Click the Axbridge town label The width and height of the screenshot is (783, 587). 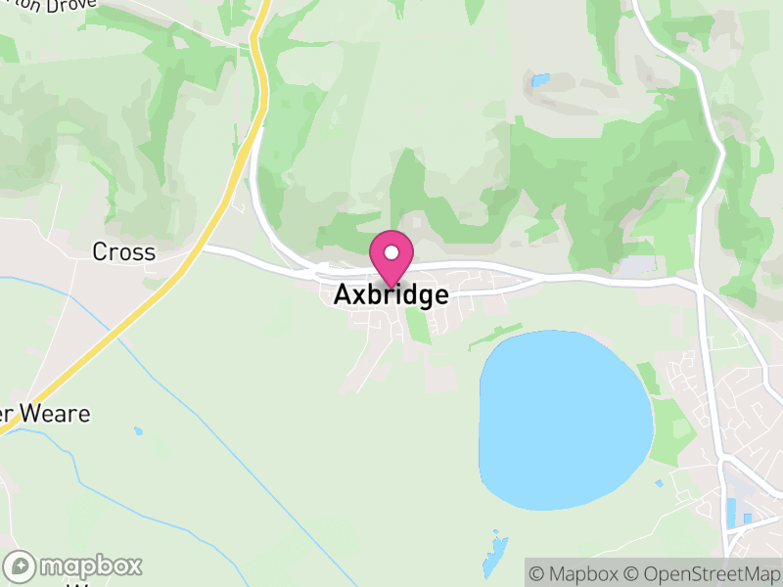click(391, 294)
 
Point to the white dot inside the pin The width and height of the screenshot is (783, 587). click(391, 253)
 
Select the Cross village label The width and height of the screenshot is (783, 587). click(123, 252)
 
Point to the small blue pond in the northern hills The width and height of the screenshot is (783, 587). click(539, 80)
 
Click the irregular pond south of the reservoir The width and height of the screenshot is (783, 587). click(493, 553)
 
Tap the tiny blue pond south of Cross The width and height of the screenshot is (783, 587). click(138, 430)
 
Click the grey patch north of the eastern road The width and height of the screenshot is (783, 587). click(636, 265)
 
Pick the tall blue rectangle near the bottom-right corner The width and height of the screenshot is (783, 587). click(731, 510)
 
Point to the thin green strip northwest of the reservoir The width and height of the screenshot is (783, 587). click(494, 337)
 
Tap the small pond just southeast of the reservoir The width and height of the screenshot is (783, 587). click(659, 483)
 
